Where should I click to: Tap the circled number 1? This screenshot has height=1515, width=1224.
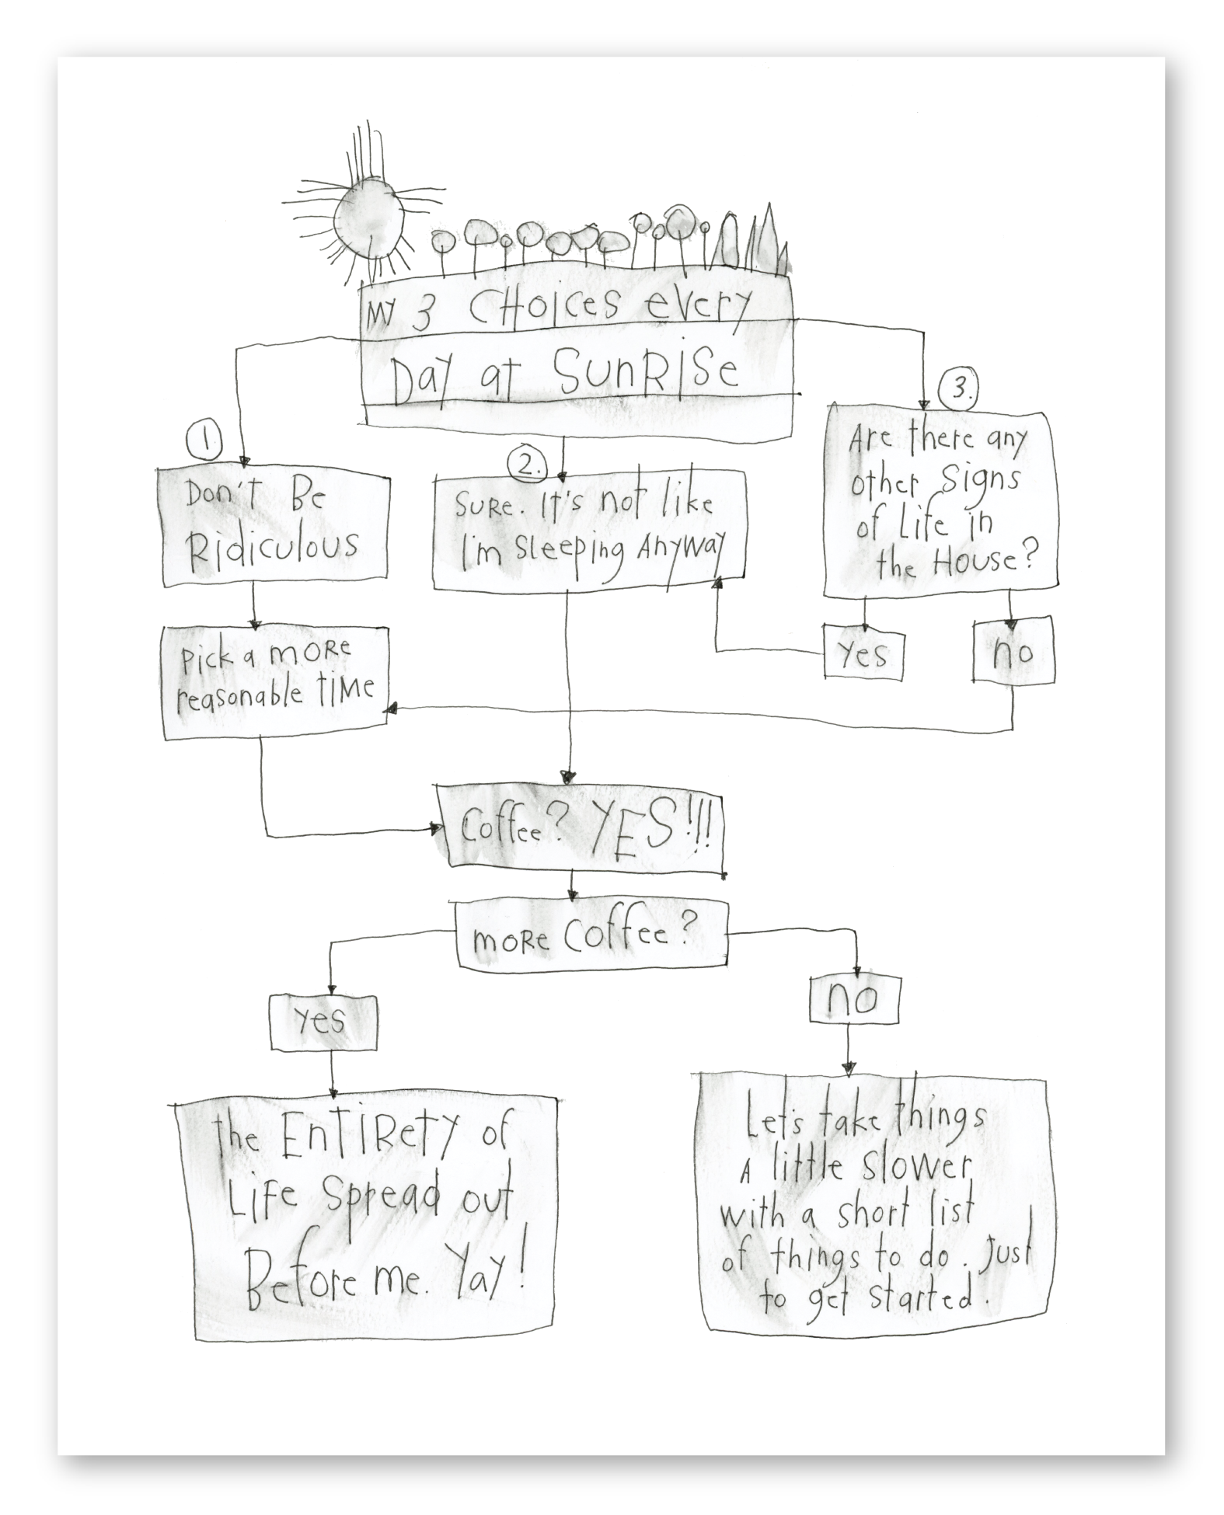coord(204,442)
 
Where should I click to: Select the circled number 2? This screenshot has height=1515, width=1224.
coord(528,464)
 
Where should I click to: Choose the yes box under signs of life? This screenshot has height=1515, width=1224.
coord(863,654)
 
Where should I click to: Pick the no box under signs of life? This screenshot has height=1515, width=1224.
coord(1013,651)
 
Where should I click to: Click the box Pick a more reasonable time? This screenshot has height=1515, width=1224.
coord(274,681)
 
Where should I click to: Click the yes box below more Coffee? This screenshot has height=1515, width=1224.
coord(323,1022)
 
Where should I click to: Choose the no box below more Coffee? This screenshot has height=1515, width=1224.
coord(853,1000)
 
